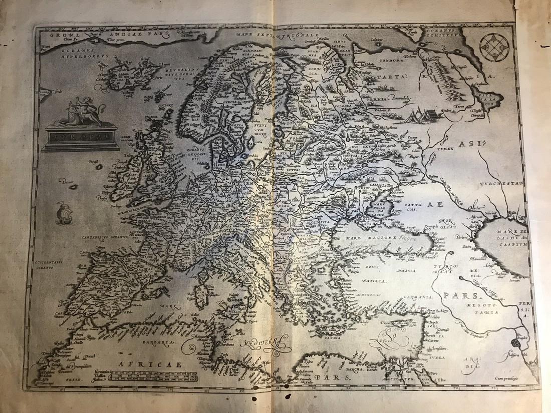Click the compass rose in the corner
pyautogui.click(x=494, y=47)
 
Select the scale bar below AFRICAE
pyautogui.click(x=152, y=375)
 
